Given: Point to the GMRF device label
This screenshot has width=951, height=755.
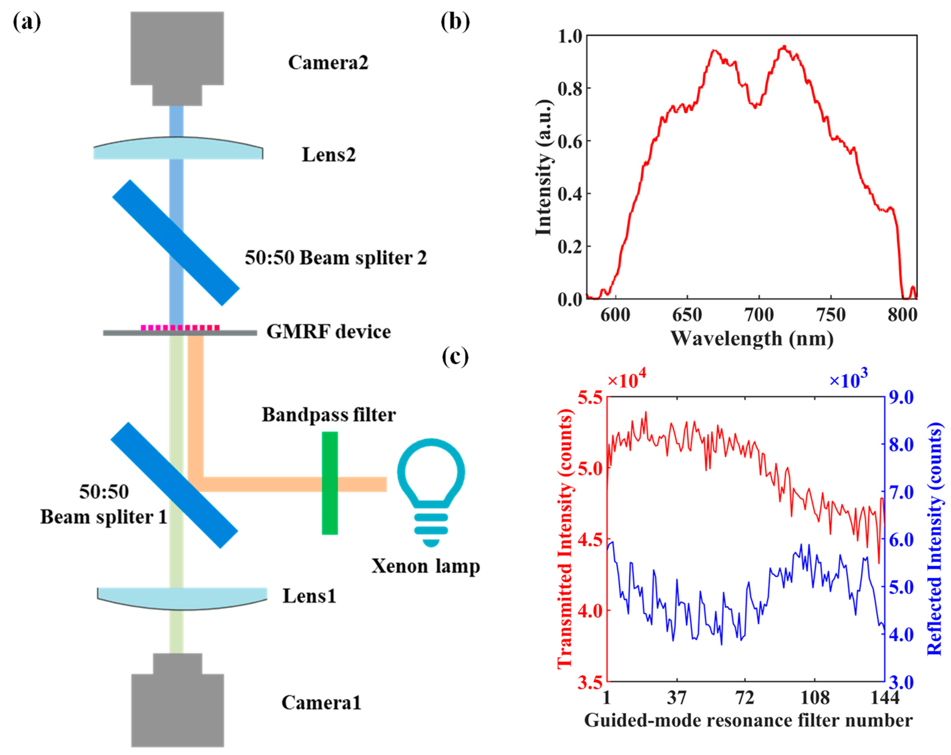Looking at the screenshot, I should click(328, 332).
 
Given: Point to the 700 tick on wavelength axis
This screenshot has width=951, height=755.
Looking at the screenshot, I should click(759, 315).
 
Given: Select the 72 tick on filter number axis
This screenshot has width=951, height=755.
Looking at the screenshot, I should click(745, 698).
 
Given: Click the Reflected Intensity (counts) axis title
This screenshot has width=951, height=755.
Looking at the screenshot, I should click(934, 538).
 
